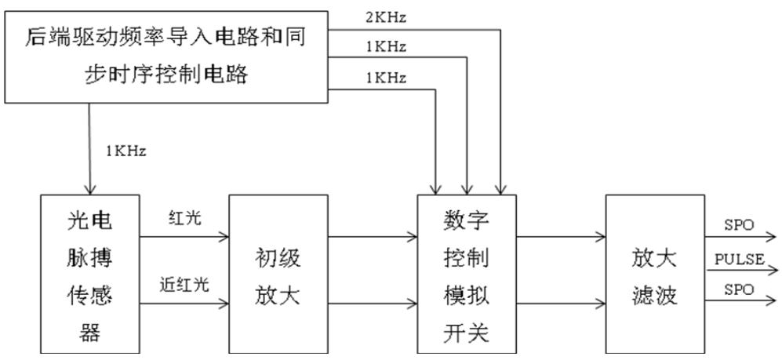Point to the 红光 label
[x=184, y=218]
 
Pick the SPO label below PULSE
[x=738, y=289]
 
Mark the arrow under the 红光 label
[x=185, y=235]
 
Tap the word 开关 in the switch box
[x=466, y=333]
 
